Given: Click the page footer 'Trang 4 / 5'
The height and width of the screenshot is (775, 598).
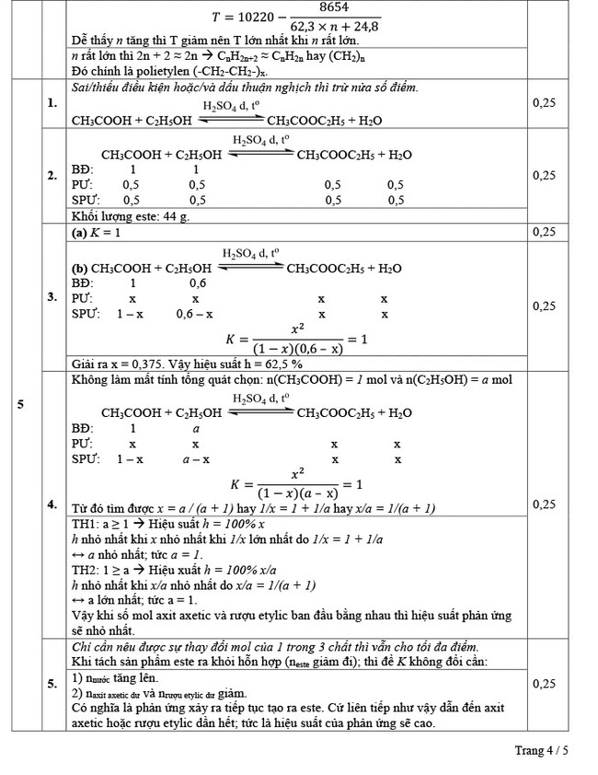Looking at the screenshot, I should (542, 750).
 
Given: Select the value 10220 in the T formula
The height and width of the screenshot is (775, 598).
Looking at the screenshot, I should (243, 17).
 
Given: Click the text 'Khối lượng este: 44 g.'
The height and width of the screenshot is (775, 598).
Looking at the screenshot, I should (130, 216).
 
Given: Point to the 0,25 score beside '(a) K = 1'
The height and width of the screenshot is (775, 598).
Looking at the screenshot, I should (544, 233).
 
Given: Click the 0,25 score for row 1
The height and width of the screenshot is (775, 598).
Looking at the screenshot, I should (544, 102).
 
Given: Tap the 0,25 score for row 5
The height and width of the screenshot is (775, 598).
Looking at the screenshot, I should (544, 683).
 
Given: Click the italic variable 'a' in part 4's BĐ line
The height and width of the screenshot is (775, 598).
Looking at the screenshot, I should (195, 429).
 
